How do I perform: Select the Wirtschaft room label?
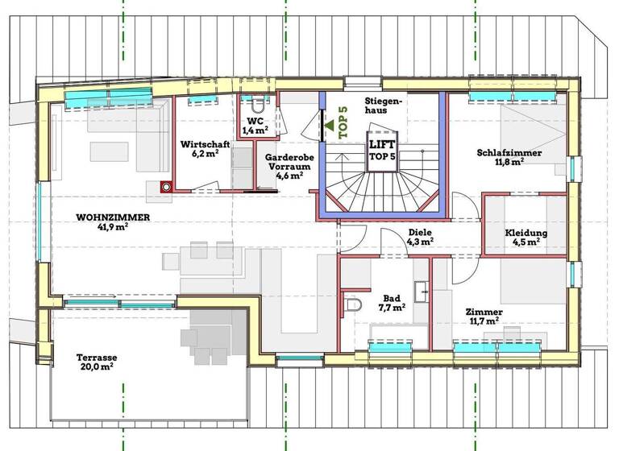[205, 143]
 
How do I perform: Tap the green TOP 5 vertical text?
[343, 123]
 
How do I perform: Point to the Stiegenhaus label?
[382, 106]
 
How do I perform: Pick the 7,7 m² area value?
[393, 307]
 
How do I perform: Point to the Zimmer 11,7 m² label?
[484, 316]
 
